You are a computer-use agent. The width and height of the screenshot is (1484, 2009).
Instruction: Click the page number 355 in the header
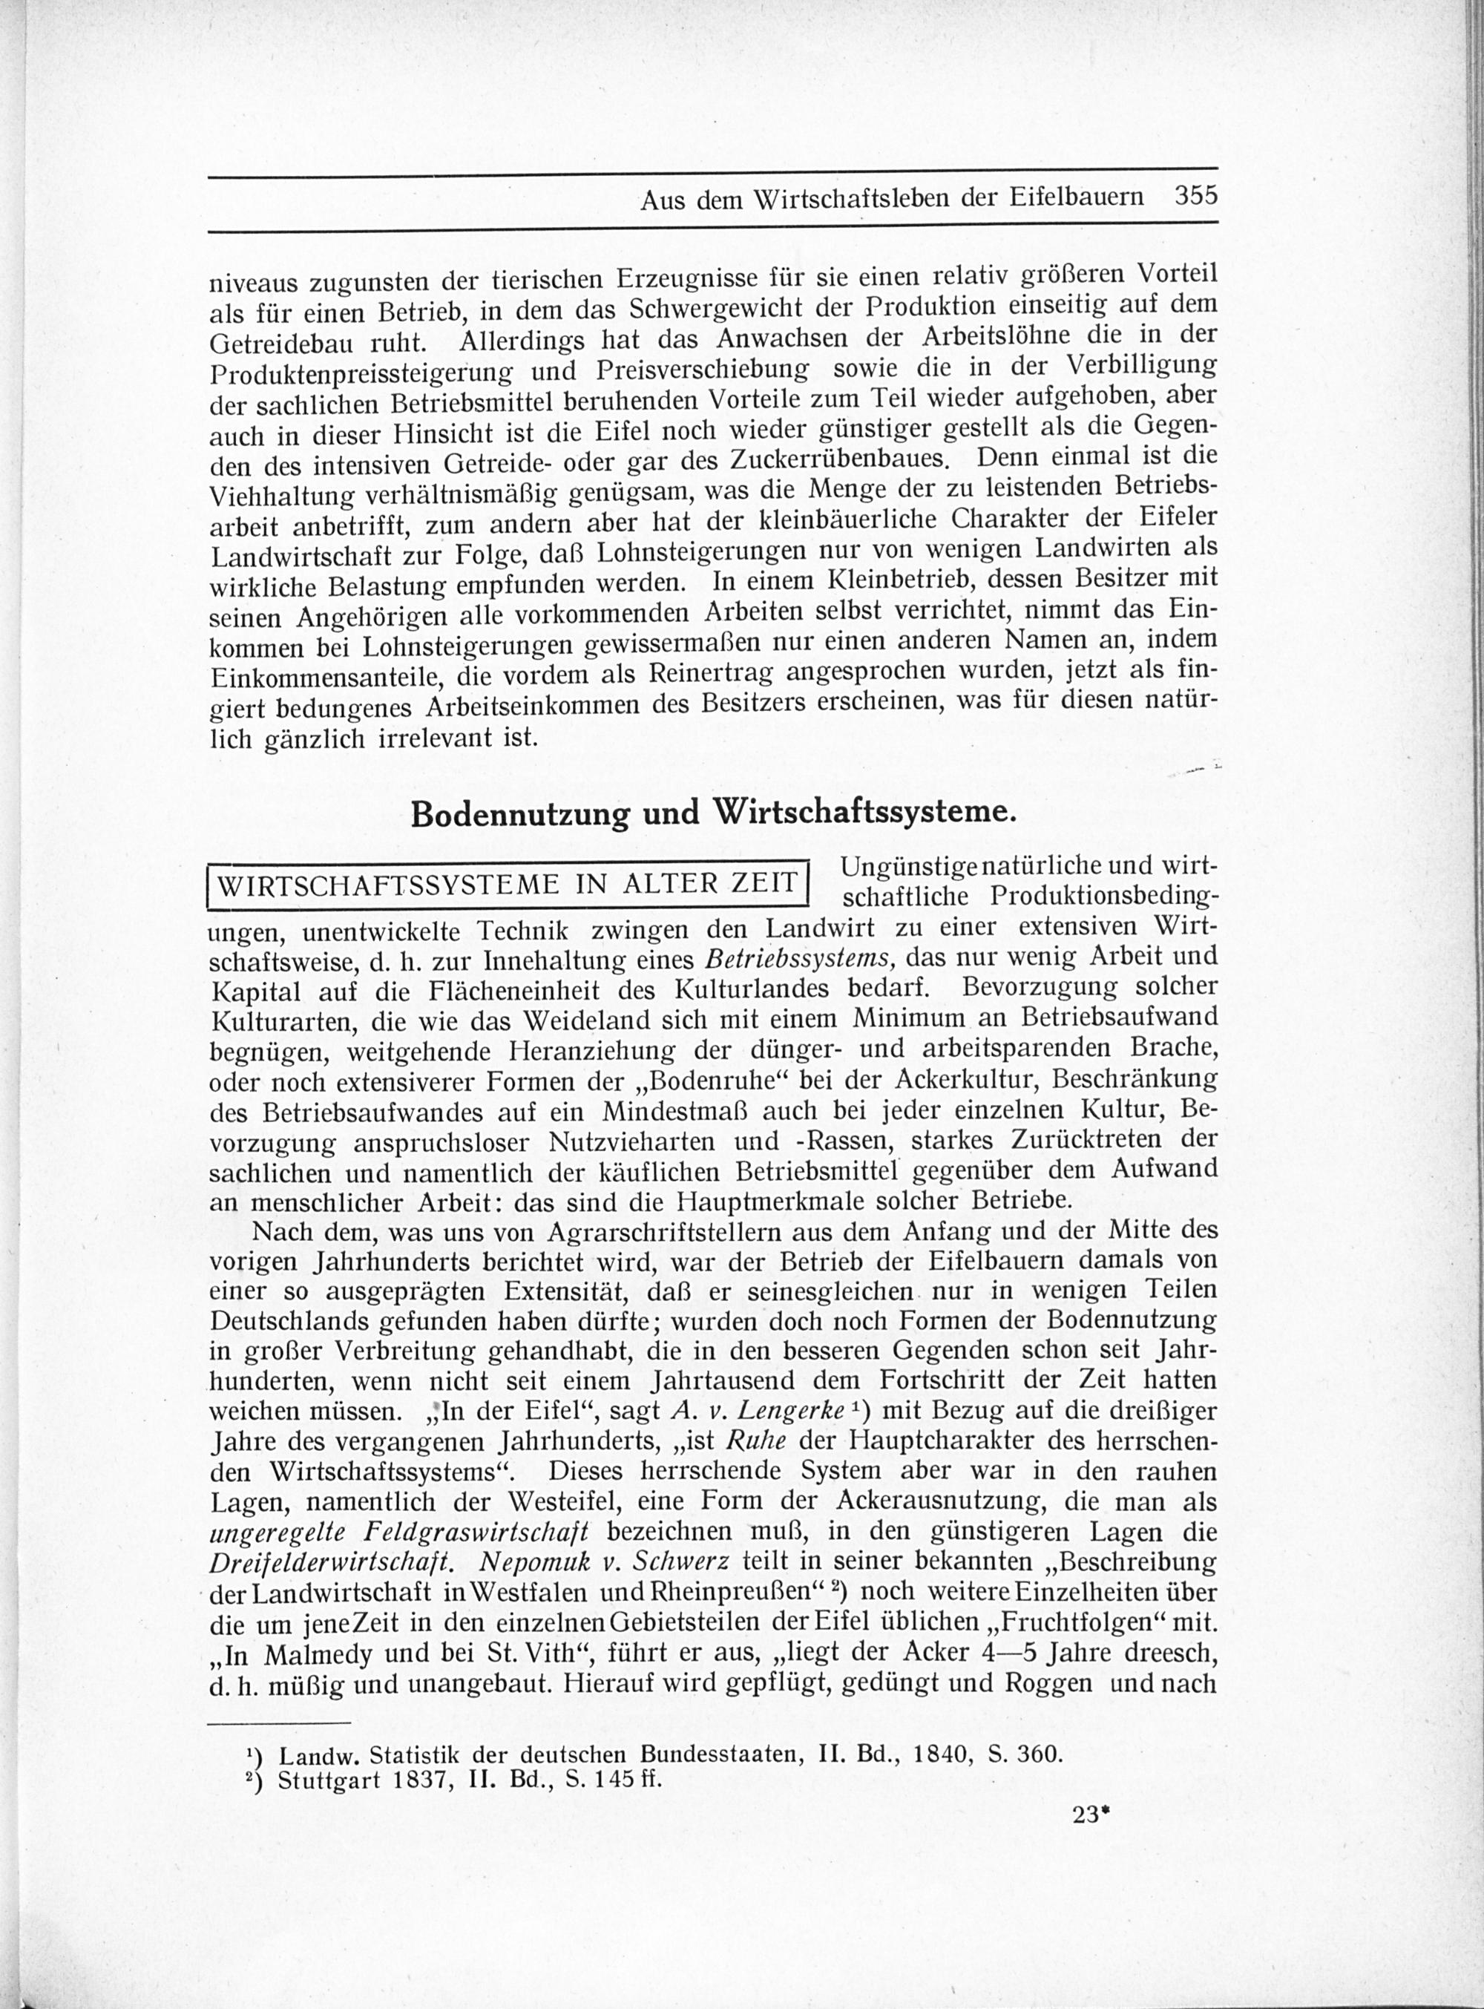[x=1195, y=196]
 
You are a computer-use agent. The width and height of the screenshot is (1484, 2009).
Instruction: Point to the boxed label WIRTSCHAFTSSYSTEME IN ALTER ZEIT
[x=508, y=883]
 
